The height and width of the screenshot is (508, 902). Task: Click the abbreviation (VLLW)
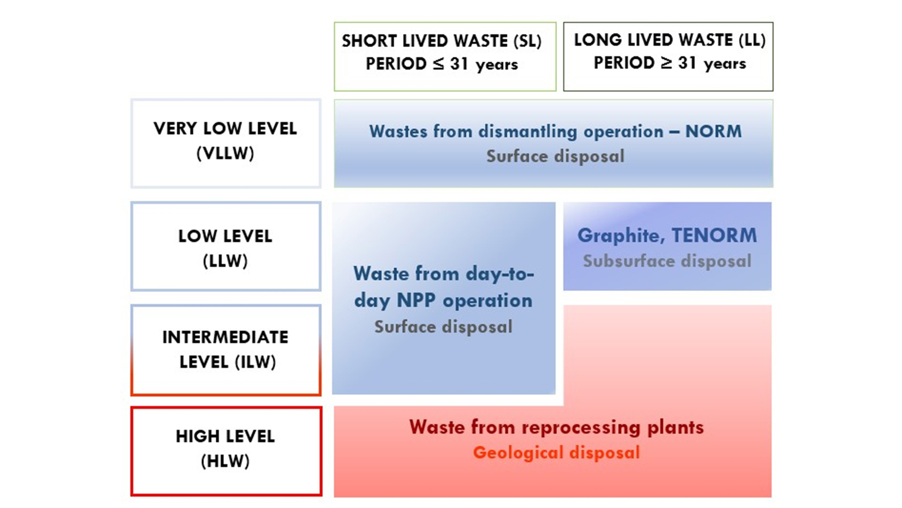[225, 153]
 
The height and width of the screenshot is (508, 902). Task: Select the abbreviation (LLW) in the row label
[225, 261]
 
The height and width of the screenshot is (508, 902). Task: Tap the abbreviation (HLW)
[225, 461]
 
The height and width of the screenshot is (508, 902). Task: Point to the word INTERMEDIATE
[225, 337]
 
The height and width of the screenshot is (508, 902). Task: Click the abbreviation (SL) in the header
[528, 41]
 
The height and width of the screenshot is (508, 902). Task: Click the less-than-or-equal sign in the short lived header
[438, 63]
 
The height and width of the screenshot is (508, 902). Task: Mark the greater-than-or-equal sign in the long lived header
[666, 63]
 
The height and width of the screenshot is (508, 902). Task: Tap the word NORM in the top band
[714, 131]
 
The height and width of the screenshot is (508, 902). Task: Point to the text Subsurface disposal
[667, 261]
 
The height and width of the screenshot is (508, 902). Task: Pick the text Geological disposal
[556, 452]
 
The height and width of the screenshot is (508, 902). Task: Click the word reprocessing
[581, 428]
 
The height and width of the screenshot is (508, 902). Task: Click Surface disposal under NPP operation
[443, 327]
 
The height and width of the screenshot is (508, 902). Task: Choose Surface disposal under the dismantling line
[555, 156]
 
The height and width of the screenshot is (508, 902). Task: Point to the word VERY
[175, 128]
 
